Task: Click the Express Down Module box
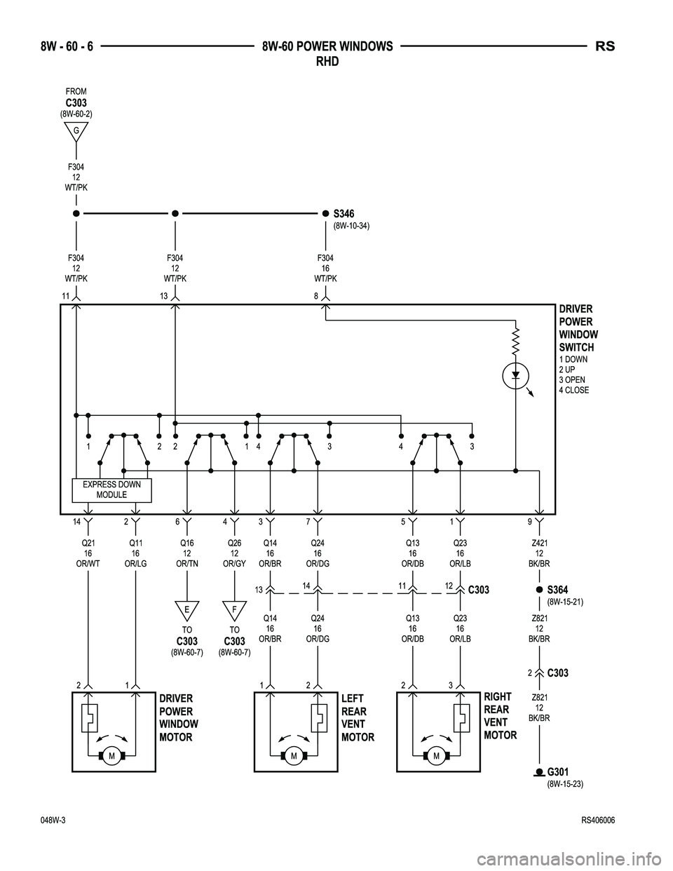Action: coord(111,489)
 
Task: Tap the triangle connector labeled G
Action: coord(76,131)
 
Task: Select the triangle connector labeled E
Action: coord(187,610)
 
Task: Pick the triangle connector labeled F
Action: coord(234,610)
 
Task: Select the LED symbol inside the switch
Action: coord(516,375)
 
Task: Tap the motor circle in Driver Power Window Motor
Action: coord(111,755)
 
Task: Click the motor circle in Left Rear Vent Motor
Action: coord(294,755)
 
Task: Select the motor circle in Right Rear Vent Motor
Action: coord(436,755)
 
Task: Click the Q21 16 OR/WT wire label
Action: coord(88,552)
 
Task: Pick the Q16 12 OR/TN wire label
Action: coord(187,552)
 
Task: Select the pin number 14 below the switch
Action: coord(76,522)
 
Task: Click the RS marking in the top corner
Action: coord(605,47)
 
